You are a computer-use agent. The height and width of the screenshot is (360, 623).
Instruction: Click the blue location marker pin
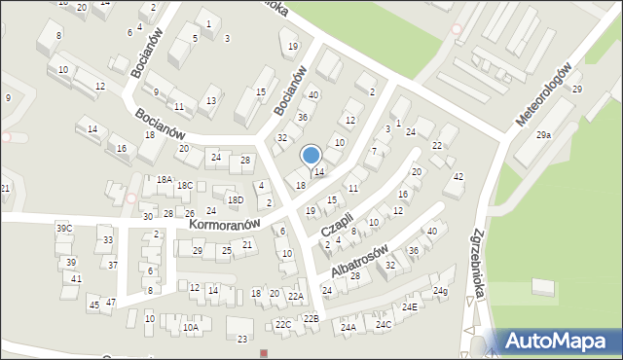(x=311, y=156)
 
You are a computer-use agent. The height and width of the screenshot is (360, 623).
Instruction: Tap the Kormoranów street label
(x=231, y=225)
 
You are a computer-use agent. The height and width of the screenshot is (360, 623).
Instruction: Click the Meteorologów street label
(x=543, y=97)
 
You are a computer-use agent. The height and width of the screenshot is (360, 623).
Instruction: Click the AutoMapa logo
(x=559, y=341)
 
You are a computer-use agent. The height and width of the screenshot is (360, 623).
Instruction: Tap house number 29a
(x=542, y=135)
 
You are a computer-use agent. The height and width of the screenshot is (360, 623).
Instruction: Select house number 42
(x=458, y=176)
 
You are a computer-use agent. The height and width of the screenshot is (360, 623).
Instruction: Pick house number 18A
(x=164, y=179)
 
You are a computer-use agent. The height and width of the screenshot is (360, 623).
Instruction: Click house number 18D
(x=236, y=199)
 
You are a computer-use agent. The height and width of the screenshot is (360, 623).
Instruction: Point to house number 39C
(x=64, y=228)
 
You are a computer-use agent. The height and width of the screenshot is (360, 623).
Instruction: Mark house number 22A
(x=296, y=296)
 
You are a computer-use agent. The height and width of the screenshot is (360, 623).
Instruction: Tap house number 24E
(x=410, y=307)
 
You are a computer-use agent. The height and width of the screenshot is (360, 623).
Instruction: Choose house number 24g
(x=440, y=291)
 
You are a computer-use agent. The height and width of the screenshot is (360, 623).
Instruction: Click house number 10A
(x=191, y=328)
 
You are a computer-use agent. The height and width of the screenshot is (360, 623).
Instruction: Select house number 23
(x=242, y=339)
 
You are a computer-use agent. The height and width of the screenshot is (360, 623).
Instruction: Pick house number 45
(x=93, y=306)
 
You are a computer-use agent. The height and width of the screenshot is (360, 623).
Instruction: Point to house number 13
(x=211, y=100)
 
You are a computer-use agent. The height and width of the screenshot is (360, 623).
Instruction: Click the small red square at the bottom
(x=264, y=353)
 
